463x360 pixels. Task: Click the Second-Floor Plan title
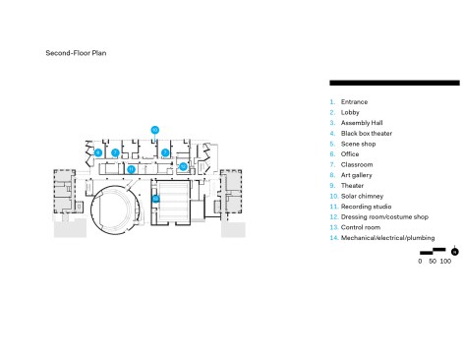tap(76, 53)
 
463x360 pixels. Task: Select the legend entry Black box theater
tap(367, 134)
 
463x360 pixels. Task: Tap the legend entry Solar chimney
tap(362, 196)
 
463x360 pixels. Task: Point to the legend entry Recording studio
tap(366, 207)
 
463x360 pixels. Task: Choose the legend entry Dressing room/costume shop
tap(384, 217)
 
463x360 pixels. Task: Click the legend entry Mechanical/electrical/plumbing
tap(388, 238)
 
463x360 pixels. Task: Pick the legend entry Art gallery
tap(357, 175)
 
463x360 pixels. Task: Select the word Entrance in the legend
tap(354, 102)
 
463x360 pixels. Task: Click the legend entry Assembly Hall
tap(362, 123)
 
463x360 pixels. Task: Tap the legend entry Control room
tap(361, 227)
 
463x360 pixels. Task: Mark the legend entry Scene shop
tap(358, 144)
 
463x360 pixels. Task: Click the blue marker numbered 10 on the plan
tap(155, 130)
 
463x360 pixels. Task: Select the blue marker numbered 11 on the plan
tap(131, 169)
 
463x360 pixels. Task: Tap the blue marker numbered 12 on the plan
tap(183, 166)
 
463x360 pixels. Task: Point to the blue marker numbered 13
tap(155, 199)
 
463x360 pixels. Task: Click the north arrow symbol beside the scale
tap(454, 251)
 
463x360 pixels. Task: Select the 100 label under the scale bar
tap(445, 262)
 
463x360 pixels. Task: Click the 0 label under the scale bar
tap(420, 262)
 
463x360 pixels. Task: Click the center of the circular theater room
tap(116, 210)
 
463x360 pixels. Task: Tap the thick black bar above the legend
tap(394, 83)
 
